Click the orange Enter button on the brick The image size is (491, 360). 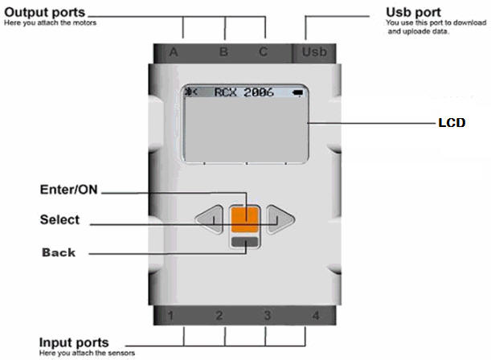pos(244,218)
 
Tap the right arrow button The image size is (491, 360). pos(278,219)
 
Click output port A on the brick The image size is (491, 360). pos(173,53)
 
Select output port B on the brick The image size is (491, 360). pos(223,53)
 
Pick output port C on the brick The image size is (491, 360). pos(264,53)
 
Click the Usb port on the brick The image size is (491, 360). pos(316,53)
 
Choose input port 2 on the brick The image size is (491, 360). pos(219,315)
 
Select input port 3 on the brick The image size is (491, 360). pos(267,315)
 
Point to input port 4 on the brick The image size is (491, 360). pos(315,315)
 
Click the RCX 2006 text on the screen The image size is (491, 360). pos(243,92)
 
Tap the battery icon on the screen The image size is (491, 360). pos(299,92)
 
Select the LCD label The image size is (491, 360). pos(450,125)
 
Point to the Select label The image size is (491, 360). pos(60,219)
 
